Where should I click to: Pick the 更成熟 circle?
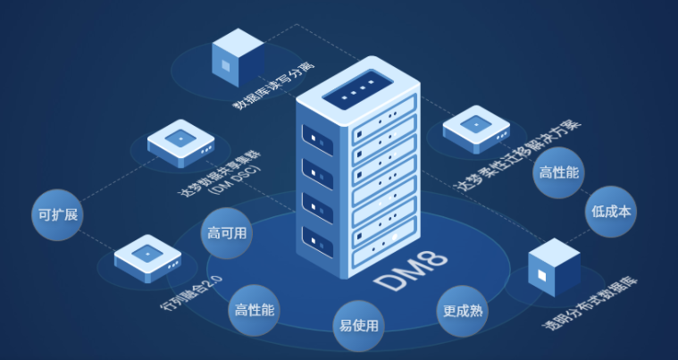(463, 312)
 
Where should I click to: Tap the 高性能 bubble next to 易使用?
(255, 310)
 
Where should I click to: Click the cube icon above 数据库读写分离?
(236, 53)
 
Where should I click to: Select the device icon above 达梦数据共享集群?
(182, 143)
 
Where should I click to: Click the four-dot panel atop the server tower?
(356, 90)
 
